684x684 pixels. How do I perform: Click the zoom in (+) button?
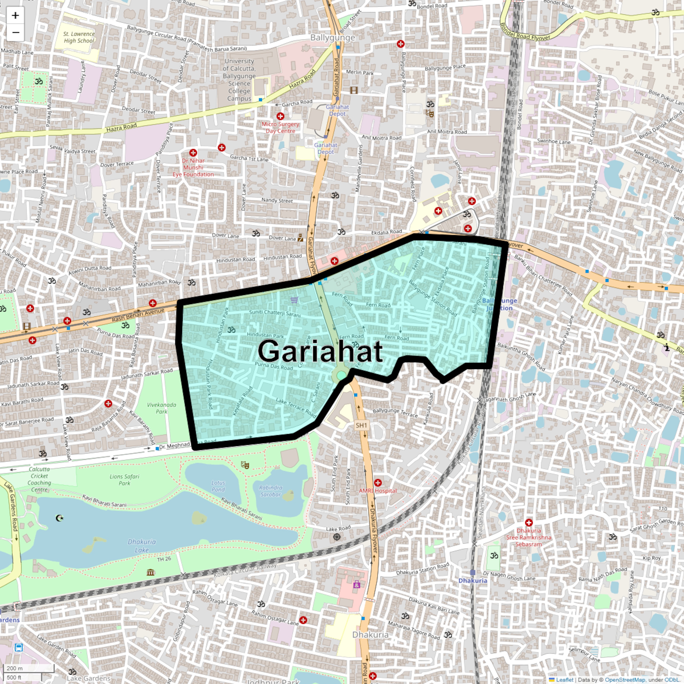coord(15,15)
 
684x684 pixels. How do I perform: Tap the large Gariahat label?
coord(320,351)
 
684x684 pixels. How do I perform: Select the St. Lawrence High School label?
coord(79,37)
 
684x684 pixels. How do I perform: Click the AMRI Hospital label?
coord(378,491)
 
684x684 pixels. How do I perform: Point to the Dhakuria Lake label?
coord(142,546)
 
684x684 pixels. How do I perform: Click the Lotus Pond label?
coord(218,486)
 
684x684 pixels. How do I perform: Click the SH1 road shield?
coord(361,425)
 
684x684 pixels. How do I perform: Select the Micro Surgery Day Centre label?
coord(280,127)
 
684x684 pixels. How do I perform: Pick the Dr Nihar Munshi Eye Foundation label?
coord(193,167)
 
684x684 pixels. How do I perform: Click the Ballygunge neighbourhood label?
coord(332,38)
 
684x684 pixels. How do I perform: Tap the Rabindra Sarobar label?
coord(270,491)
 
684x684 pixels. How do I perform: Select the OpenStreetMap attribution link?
coord(625,680)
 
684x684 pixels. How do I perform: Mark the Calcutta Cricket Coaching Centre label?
coord(39,479)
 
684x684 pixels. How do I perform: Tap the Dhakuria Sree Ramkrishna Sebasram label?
coord(529,537)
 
